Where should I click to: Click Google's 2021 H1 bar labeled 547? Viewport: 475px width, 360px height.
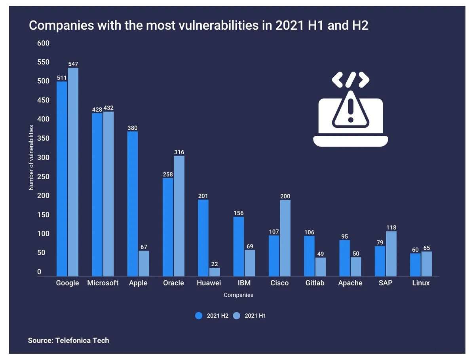pos(73,172)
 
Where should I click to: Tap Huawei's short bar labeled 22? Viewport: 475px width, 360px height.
pos(215,272)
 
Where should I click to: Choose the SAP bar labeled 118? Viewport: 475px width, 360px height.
pos(391,254)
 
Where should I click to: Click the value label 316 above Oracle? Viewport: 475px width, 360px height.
pos(179,152)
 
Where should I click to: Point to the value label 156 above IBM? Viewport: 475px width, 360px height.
pos(238,213)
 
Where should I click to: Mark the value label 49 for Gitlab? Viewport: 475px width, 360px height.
pos(321,254)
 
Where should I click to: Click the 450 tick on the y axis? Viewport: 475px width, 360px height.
pos(44,100)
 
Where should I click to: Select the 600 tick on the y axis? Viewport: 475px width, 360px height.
pos(44,43)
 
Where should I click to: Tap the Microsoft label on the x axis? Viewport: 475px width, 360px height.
pos(103,283)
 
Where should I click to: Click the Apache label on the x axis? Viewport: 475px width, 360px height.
pos(350,283)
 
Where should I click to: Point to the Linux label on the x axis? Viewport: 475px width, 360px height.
pos(421,283)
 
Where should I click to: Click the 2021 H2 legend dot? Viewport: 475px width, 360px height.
pos(199,316)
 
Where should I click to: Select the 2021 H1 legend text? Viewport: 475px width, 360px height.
pos(255,316)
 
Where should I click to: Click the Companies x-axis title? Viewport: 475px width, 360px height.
pos(238,295)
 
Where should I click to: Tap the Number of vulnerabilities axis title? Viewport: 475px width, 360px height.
pos(31,157)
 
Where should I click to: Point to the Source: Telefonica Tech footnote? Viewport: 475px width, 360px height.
pos(68,340)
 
